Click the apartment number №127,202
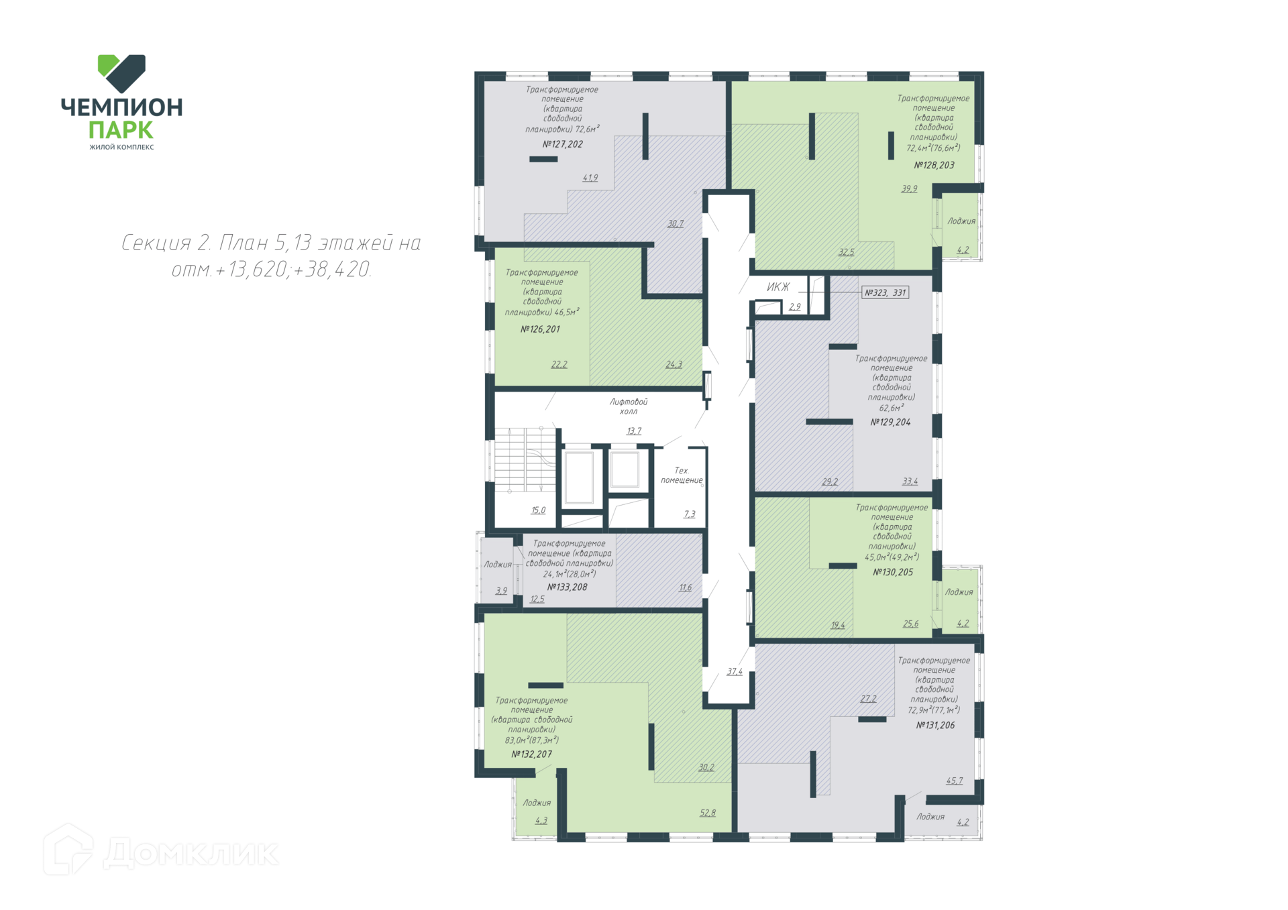[562, 144]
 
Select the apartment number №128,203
[934, 165]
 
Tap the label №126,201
[540, 329]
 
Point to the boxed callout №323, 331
[885, 292]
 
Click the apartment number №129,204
[890, 422]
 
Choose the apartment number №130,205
[893, 573]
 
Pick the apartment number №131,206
[935, 726]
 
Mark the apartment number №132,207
[532, 754]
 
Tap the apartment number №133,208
[567, 587]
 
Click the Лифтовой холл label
[629, 406]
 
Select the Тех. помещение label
[682, 475]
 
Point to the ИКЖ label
[778, 287]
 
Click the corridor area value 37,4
[735, 671]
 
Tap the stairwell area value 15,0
[538, 510]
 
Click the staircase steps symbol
[525, 459]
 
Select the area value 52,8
[708, 813]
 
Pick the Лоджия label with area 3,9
[498, 565]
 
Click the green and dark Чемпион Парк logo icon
[121, 74]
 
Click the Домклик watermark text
[191, 853]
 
